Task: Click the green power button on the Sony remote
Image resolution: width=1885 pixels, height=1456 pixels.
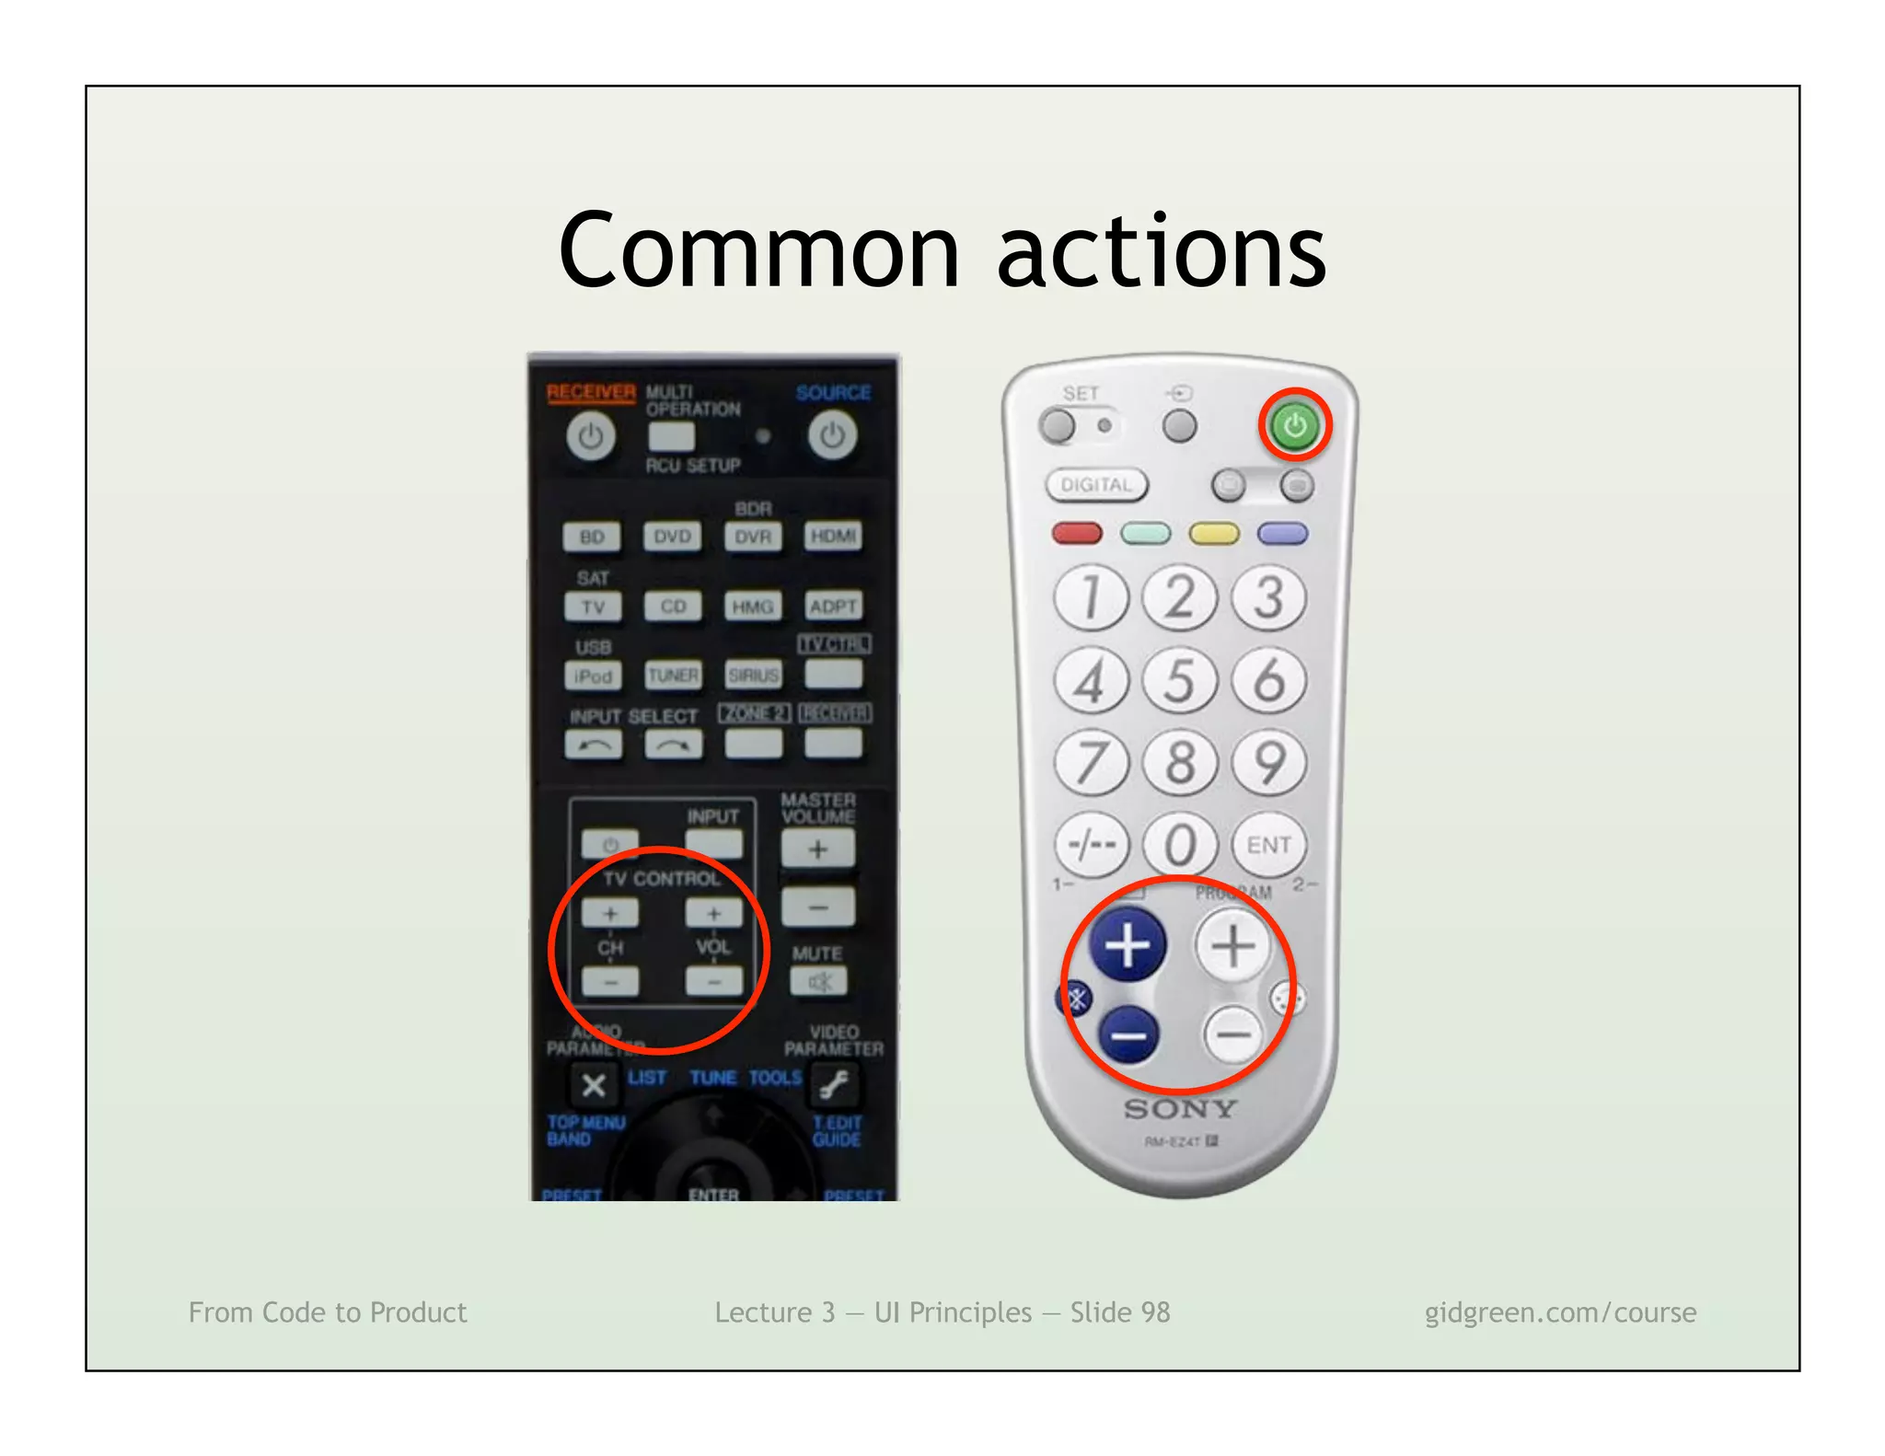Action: (x=1294, y=425)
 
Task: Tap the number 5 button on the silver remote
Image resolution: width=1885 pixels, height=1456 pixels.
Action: (x=1180, y=681)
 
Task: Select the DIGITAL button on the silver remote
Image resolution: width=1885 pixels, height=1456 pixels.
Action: (x=1096, y=485)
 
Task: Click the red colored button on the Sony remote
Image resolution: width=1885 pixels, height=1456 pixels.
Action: (x=1076, y=533)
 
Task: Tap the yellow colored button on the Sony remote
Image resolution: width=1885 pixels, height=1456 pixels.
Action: (x=1214, y=534)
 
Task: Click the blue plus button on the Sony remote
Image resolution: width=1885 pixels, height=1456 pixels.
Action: (x=1128, y=945)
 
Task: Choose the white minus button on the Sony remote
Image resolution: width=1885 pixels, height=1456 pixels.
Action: (x=1233, y=1034)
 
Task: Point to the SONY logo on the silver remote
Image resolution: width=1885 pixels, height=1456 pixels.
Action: (x=1180, y=1109)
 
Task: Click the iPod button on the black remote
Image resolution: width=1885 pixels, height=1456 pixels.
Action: (x=593, y=676)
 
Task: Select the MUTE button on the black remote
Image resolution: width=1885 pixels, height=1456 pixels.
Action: (x=818, y=982)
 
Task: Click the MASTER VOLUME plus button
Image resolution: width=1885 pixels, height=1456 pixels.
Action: (x=817, y=849)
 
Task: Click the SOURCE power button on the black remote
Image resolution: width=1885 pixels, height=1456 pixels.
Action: (x=832, y=436)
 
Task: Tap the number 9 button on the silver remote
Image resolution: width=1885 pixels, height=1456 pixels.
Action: (x=1269, y=763)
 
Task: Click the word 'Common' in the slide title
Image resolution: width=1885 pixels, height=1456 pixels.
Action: (x=759, y=251)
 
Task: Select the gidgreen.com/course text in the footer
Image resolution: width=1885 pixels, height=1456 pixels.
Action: (x=1560, y=1312)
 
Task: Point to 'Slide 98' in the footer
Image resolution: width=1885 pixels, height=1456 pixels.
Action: (x=1120, y=1312)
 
